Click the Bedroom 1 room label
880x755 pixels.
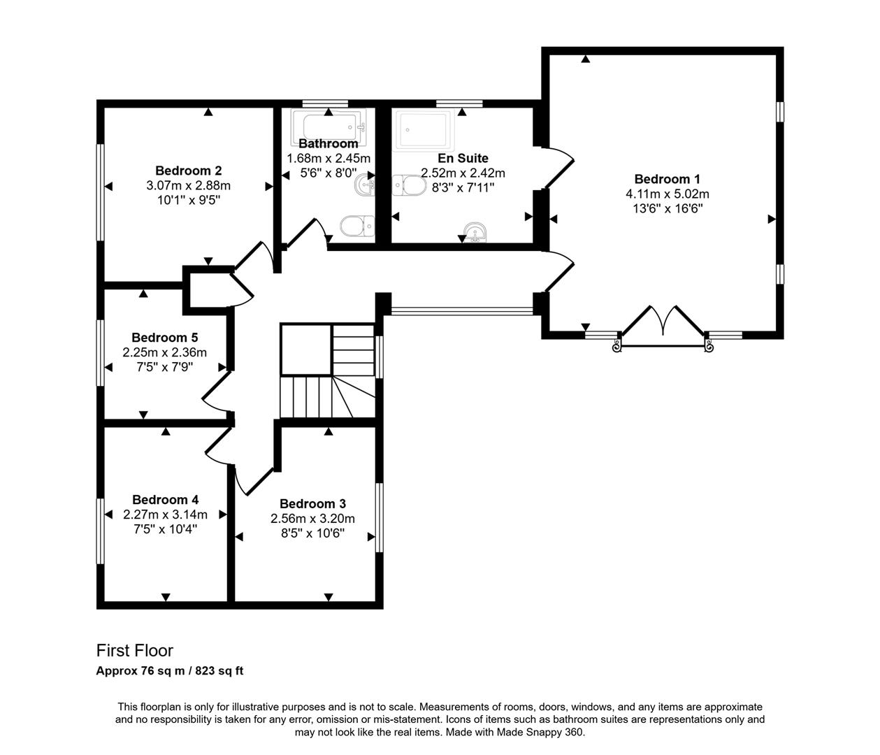point(667,179)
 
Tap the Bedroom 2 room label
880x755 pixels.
point(188,171)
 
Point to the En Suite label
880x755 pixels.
point(463,159)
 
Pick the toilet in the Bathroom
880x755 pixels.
point(356,226)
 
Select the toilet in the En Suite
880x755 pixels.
point(409,186)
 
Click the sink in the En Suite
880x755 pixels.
point(475,231)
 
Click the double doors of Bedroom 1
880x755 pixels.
point(663,323)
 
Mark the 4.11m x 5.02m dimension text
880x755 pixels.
point(667,194)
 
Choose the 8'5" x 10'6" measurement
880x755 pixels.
point(312,533)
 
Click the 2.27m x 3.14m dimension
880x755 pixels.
point(165,515)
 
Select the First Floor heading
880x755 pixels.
point(134,651)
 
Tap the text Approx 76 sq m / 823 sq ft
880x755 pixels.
point(169,671)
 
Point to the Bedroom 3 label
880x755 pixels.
point(312,504)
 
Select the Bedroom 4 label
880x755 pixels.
point(165,500)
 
